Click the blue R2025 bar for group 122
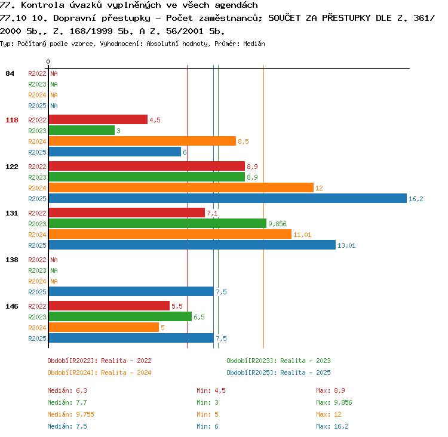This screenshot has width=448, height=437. pos(228,198)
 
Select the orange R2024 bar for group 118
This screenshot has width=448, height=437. pos(142,141)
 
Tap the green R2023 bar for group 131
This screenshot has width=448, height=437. pos(158,223)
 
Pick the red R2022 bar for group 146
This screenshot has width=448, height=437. pos(109,306)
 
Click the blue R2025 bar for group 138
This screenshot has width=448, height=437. pos(131,291)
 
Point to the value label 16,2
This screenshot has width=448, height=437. pos(416,199)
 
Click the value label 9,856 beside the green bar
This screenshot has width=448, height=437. pos(277,224)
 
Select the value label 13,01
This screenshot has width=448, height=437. pos(346,245)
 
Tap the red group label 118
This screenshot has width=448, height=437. pos(12,120)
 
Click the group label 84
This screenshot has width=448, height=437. pos(10,73)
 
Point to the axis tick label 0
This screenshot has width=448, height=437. pos(48,61)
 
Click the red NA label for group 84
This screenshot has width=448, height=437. pos(54,73)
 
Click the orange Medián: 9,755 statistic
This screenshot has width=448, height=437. pos(70,414)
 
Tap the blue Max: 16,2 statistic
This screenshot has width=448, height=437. pos(332,426)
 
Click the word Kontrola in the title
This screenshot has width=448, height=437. pos(42,5)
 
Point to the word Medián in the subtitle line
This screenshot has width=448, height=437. pos(254,44)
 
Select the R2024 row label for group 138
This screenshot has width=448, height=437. pos(37,281)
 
